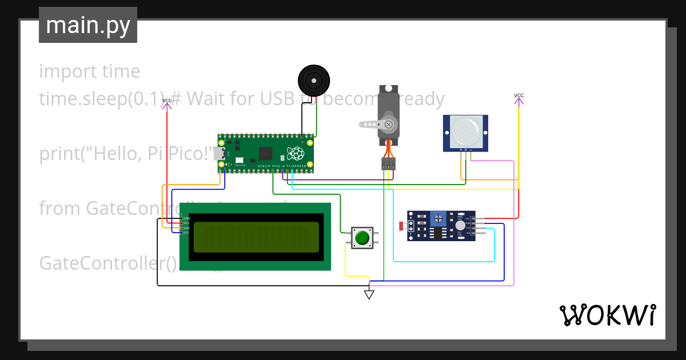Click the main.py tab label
[87, 25]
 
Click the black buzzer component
[314, 81]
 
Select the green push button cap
[362, 237]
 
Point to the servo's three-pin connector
[389, 163]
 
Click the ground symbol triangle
[369, 295]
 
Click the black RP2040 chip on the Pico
[265, 153]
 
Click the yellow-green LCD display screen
[256, 237]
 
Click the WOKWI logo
[607, 315]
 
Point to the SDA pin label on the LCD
[185, 228]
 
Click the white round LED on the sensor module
[460, 226]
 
